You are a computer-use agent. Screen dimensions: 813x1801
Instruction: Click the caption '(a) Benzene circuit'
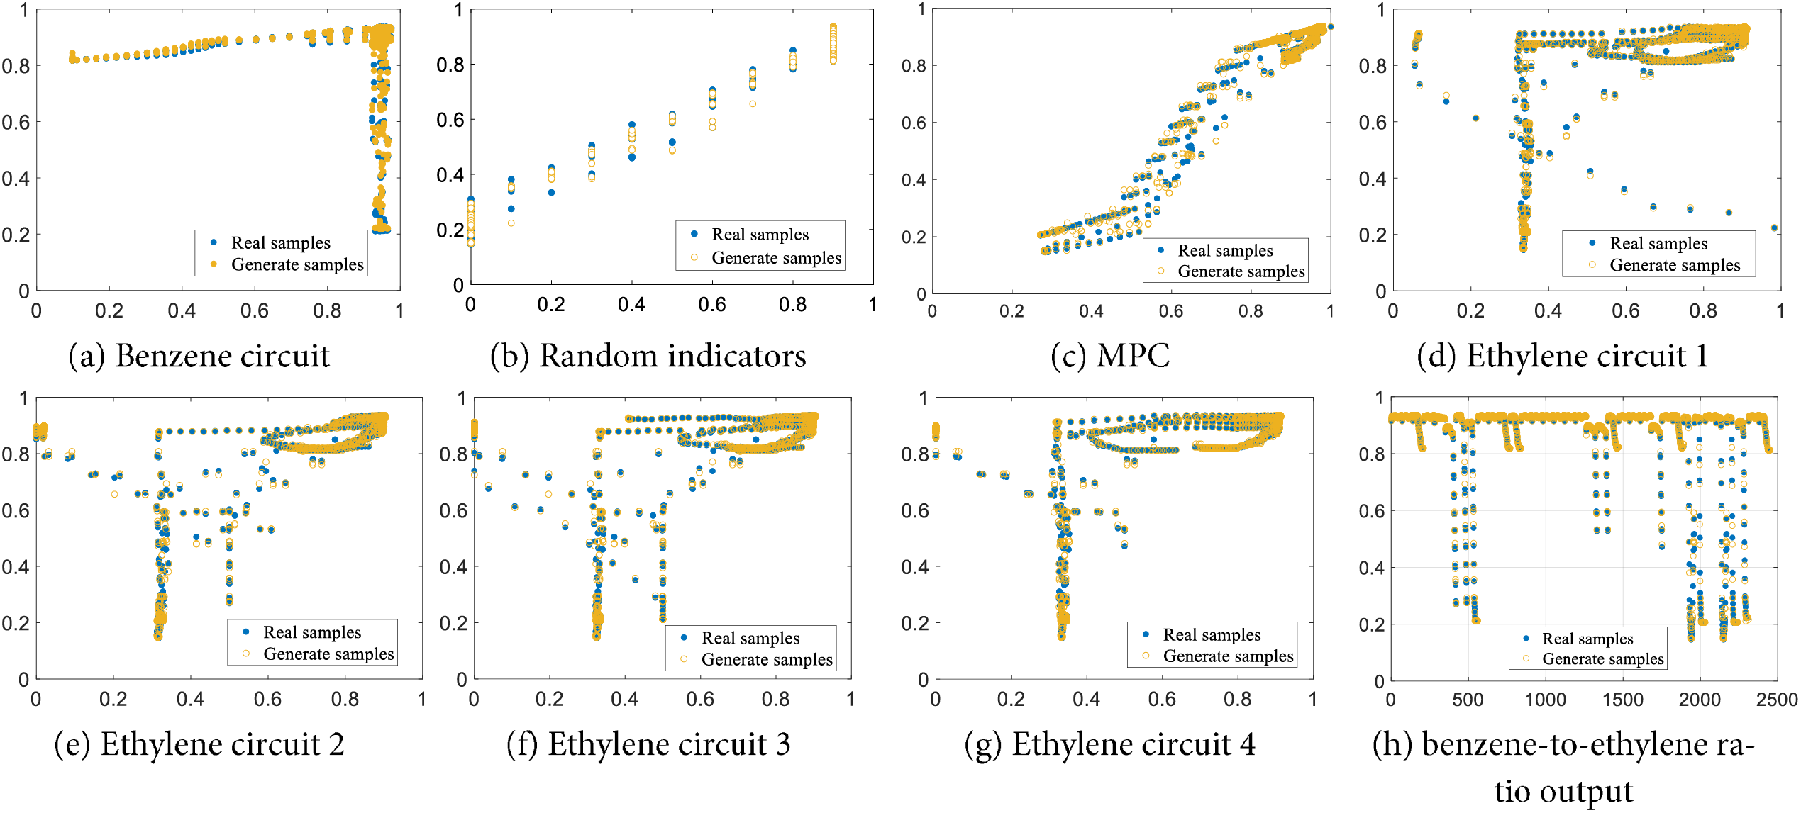pyautogui.click(x=199, y=356)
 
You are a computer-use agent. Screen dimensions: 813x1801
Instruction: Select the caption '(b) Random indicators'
pyautogui.click(x=648, y=356)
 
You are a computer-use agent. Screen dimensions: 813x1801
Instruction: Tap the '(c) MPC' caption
pyautogui.click(x=1110, y=356)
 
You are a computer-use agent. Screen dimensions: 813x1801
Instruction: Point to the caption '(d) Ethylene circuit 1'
pyautogui.click(x=1562, y=356)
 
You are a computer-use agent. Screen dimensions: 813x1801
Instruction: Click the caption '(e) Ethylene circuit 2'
pyautogui.click(x=199, y=744)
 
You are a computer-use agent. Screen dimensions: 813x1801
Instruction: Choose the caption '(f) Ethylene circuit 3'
pyautogui.click(x=648, y=744)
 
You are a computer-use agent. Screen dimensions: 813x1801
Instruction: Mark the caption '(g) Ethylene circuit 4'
pyautogui.click(x=1109, y=744)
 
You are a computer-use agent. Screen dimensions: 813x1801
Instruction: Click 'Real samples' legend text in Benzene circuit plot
pyautogui.click(x=281, y=243)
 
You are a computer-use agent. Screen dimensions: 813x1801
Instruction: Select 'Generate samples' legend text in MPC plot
pyautogui.click(x=1241, y=271)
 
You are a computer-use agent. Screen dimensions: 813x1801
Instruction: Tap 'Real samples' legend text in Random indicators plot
pyautogui.click(x=760, y=235)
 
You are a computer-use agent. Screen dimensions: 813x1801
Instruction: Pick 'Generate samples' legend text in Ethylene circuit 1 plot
pyautogui.click(x=1674, y=265)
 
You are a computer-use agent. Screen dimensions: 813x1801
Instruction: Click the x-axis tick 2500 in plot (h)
pyautogui.click(x=1776, y=700)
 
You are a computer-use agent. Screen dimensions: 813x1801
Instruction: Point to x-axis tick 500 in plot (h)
pyautogui.click(x=1468, y=700)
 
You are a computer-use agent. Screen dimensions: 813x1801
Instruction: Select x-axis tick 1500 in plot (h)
pyautogui.click(x=1622, y=700)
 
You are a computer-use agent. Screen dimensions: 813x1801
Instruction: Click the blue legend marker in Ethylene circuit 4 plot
pyautogui.click(x=1146, y=634)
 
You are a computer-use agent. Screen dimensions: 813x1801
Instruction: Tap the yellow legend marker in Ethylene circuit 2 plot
pyautogui.click(x=246, y=654)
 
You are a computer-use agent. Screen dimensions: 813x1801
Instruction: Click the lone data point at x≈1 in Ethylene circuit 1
pyautogui.click(x=1774, y=228)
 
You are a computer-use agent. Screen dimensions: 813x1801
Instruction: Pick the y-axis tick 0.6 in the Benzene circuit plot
pyautogui.click(x=16, y=123)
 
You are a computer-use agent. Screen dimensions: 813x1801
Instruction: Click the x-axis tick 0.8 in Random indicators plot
pyautogui.click(x=792, y=305)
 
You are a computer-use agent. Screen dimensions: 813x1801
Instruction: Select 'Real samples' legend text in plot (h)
pyautogui.click(x=1587, y=639)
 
